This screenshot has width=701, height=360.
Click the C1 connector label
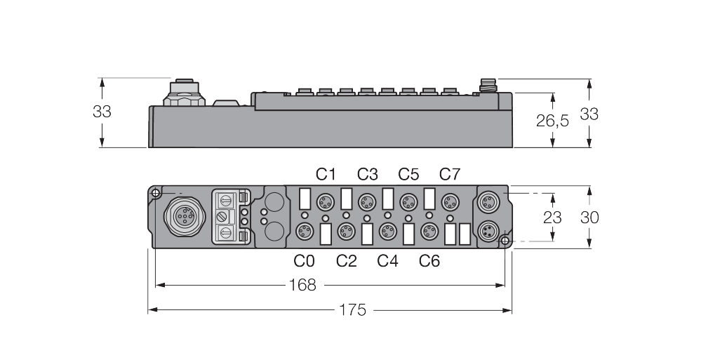tap(326, 174)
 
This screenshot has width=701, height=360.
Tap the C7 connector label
tap(449, 174)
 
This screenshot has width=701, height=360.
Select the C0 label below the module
tap(304, 261)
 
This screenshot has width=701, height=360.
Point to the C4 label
tap(387, 261)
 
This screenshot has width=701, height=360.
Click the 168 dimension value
tap(302, 285)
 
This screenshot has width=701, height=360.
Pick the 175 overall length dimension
tap(353, 310)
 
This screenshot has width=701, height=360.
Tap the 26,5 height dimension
tap(552, 120)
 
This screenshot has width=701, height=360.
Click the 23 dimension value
tap(552, 218)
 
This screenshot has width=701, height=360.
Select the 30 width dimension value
tap(589, 218)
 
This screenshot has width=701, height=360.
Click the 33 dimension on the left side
tap(102, 112)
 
